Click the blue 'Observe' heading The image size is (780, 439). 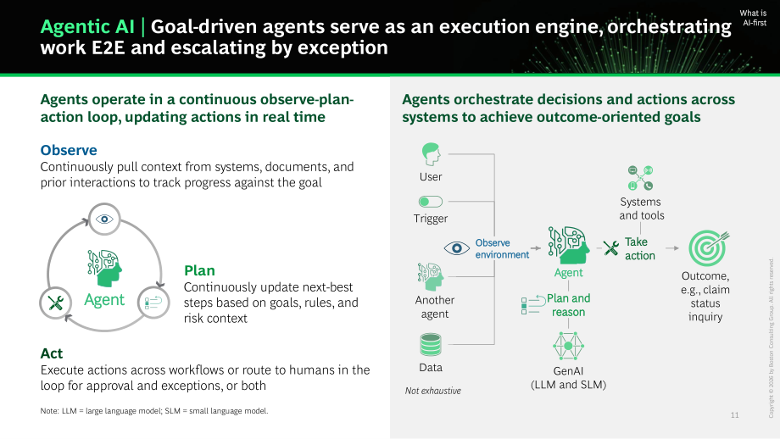(x=69, y=150)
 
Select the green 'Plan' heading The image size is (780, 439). (x=199, y=270)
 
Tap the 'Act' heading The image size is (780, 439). (x=52, y=353)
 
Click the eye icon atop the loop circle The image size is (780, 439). (x=104, y=219)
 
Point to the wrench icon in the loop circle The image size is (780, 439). (x=56, y=303)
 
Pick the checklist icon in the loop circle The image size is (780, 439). (x=153, y=303)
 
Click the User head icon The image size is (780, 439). (x=432, y=154)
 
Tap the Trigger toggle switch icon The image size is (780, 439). (x=431, y=202)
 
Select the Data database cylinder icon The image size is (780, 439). (x=431, y=345)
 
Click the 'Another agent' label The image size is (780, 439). (x=435, y=307)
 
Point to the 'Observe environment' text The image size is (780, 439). (x=502, y=248)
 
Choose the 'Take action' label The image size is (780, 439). (x=640, y=248)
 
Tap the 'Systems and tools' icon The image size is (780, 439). (x=640, y=178)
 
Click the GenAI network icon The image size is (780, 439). (x=568, y=346)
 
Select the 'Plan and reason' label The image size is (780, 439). (x=569, y=305)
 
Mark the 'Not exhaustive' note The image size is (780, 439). (x=432, y=391)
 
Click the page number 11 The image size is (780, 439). (x=735, y=415)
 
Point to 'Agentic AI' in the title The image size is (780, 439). (x=87, y=26)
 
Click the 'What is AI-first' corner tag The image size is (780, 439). (x=754, y=18)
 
